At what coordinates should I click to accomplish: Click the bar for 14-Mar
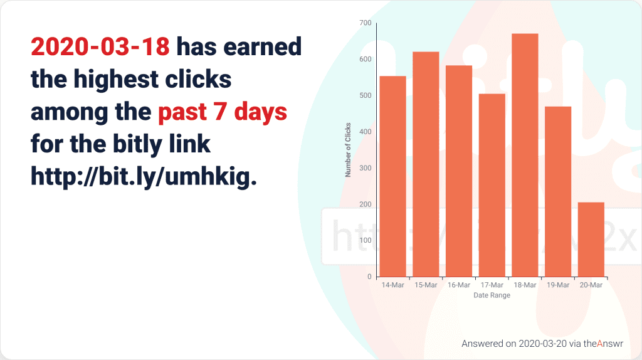[393, 176]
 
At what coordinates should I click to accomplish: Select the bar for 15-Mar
[426, 164]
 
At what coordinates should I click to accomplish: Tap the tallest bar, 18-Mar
[525, 155]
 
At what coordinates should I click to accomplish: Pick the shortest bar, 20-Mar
[591, 240]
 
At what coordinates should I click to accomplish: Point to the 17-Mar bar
[492, 186]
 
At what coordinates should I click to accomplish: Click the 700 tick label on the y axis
[366, 23]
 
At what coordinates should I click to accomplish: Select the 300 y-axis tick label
[366, 168]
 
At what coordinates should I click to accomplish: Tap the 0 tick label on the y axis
[369, 277]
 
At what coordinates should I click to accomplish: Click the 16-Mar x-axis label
[459, 285]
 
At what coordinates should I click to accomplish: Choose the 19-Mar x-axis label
[558, 285]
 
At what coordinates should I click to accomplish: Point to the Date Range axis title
[492, 295]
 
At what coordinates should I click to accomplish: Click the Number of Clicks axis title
[348, 150]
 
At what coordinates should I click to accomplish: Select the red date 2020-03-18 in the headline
[100, 46]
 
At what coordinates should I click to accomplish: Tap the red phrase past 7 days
[223, 112]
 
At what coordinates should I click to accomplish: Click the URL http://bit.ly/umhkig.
[144, 177]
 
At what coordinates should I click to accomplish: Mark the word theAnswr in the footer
[603, 344]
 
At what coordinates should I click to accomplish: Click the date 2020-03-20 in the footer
[542, 344]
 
